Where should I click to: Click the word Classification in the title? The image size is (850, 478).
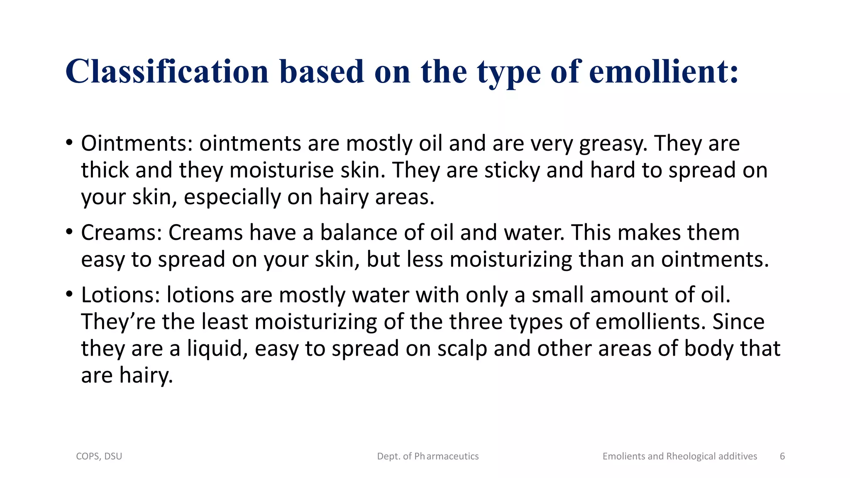click(167, 71)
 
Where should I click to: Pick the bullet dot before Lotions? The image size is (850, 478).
click(69, 295)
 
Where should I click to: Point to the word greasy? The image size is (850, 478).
click(613, 144)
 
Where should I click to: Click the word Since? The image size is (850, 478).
click(738, 322)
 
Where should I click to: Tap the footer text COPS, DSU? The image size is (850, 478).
click(99, 456)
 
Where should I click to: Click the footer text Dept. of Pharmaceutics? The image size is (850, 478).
click(428, 456)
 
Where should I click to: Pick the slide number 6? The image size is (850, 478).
click(782, 456)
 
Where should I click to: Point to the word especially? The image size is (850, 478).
click(232, 197)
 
